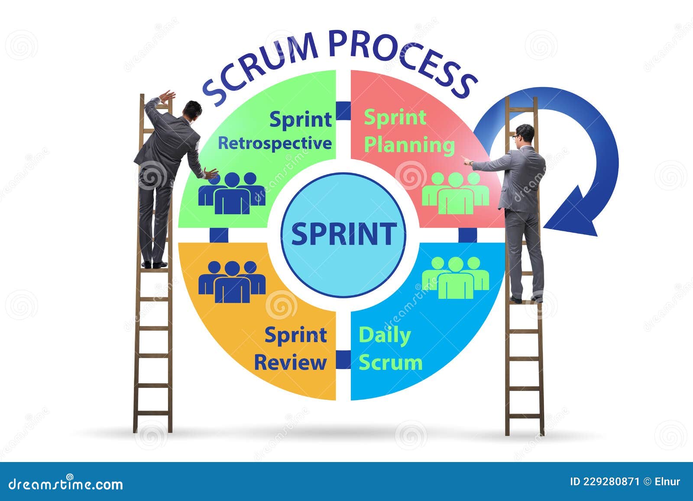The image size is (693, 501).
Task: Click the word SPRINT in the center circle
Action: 343,234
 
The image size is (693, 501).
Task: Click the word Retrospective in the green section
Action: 275,143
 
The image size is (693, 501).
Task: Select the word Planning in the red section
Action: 409,145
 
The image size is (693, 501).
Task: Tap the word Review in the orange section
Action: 290,362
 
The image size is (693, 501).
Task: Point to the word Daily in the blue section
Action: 385,336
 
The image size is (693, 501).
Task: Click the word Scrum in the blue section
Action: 390,362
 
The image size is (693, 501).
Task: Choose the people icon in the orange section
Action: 232,281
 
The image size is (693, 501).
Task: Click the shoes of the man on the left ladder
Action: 154,264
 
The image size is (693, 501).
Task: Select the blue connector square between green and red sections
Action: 343,110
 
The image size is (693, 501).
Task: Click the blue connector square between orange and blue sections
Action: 343,359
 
